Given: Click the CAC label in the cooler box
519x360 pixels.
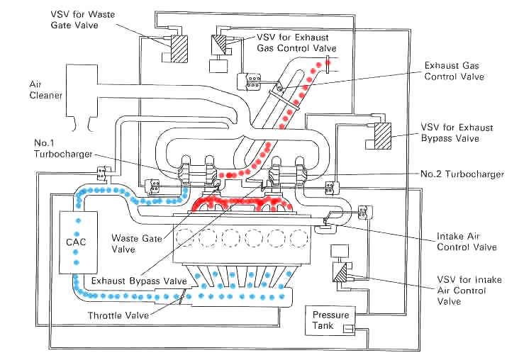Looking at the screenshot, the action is (76, 242).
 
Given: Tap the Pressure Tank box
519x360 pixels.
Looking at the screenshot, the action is (330, 320).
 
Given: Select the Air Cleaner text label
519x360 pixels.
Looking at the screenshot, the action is (45, 90).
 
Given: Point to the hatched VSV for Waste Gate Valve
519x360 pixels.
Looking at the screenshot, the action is (179, 49).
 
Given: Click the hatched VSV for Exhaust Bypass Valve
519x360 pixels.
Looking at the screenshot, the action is (383, 135).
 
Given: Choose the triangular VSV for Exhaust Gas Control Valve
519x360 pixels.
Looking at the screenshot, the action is (218, 45).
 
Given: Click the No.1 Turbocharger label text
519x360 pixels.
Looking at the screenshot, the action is (63, 149).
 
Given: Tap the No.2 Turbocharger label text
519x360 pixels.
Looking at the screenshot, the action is (462, 174).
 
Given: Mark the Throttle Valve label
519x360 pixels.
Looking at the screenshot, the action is (118, 315).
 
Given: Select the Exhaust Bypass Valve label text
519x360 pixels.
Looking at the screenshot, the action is (139, 281).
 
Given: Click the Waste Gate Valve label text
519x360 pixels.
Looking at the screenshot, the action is (137, 243).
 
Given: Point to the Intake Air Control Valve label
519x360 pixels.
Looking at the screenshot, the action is (467, 242).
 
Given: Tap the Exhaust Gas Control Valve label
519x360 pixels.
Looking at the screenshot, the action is (454, 71).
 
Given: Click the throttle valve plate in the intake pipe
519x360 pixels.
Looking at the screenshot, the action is (182, 296).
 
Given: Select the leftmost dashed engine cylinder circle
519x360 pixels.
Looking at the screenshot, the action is (185, 237).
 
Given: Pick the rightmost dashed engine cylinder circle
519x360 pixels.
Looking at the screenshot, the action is (299, 237).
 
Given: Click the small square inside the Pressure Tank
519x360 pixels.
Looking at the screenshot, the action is (348, 329).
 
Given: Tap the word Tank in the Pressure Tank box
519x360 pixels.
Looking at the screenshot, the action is (323, 325).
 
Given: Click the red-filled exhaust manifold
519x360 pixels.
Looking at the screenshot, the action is (242, 203).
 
